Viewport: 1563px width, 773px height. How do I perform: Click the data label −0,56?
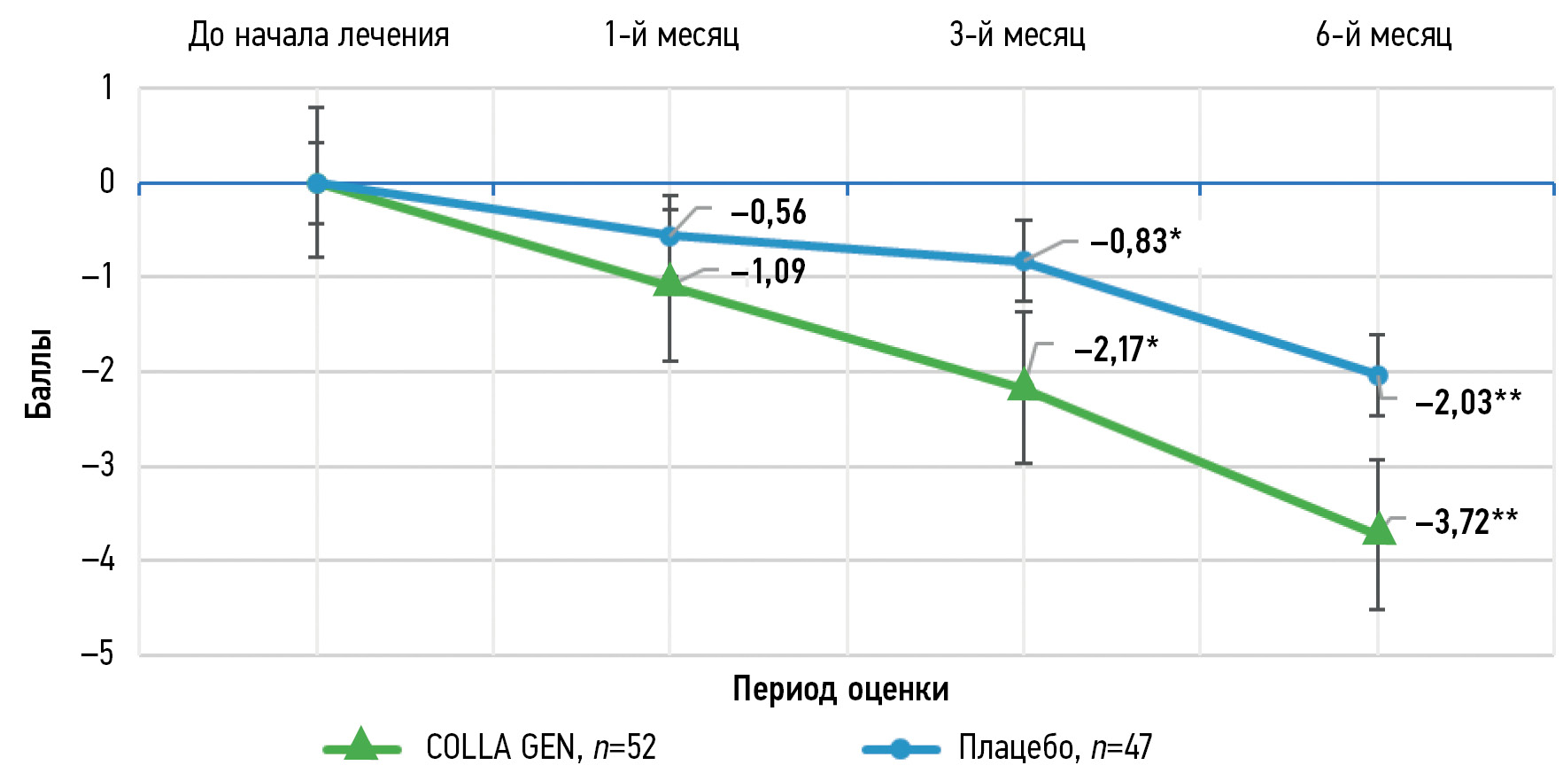[x=768, y=213]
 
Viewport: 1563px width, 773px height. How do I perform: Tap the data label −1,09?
[x=768, y=271]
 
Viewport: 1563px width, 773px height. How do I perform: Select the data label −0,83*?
[x=1135, y=241]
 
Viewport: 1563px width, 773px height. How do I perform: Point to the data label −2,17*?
[x=1116, y=350]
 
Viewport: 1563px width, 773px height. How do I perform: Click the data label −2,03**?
[x=1468, y=403]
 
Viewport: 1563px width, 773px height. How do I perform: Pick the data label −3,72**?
[x=1466, y=522]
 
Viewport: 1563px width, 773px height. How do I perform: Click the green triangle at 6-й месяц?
[x=1377, y=530]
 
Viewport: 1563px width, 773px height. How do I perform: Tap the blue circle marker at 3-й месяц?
[x=1024, y=261]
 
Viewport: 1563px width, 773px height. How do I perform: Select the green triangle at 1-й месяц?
[x=669, y=282]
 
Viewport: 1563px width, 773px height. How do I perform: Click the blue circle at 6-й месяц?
[x=1377, y=375]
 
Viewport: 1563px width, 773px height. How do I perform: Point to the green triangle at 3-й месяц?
[x=1024, y=385]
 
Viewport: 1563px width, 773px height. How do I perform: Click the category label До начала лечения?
[x=319, y=35]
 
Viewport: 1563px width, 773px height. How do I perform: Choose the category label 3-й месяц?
[x=1017, y=35]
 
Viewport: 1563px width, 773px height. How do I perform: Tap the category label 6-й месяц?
[x=1383, y=35]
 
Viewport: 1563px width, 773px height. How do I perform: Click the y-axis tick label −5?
[x=98, y=654]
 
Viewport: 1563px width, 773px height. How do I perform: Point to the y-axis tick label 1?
[x=107, y=88]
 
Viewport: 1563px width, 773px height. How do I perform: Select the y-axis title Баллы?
[x=38, y=373]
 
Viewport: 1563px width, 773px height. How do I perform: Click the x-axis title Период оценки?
[x=840, y=689]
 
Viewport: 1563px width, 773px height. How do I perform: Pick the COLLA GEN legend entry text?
[x=541, y=748]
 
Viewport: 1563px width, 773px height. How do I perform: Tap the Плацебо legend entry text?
[x=1055, y=748]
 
